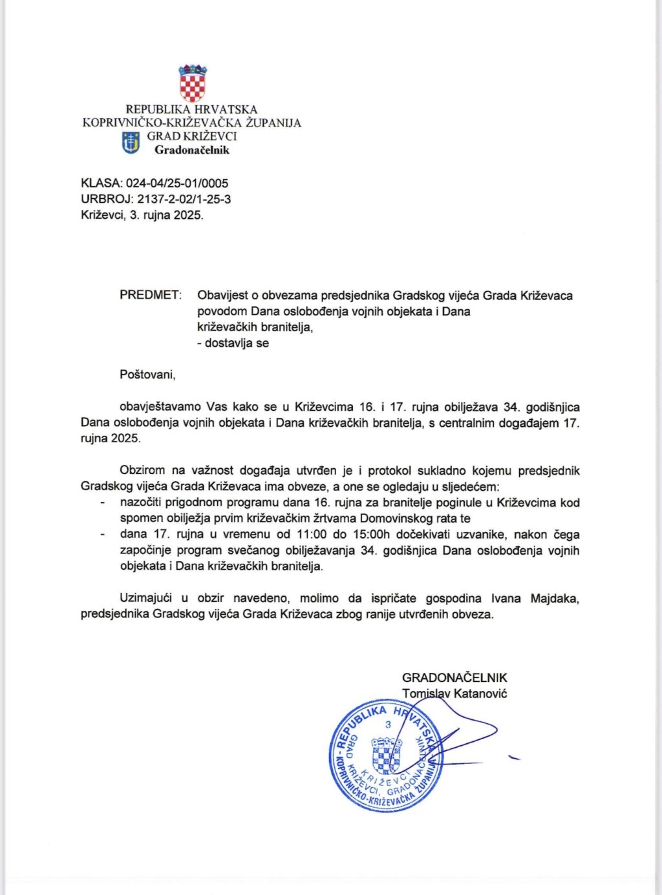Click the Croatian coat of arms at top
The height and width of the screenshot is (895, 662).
click(x=192, y=83)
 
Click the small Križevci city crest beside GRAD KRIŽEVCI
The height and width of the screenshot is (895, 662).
click(x=131, y=143)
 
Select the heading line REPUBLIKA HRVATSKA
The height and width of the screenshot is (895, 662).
click(x=191, y=110)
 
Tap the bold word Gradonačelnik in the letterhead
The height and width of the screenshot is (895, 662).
click(x=191, y=150)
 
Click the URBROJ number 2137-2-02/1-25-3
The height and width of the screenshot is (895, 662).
click(x=184, y=199)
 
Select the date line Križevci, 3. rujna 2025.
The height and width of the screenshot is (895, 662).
click(x=142, y=215)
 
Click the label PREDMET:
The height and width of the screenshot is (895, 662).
click(x=151, y=295)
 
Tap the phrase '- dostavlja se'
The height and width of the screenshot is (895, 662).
click(x=233, y=343)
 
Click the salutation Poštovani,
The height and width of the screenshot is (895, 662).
click(x=147, y=374)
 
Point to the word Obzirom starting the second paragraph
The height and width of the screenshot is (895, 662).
click(x=142, y=470)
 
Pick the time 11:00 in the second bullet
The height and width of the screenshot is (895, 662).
click(x=311, y=534)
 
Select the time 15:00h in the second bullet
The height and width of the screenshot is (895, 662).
click(x=367, y=534)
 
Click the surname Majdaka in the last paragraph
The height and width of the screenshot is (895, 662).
click(x=555, y=598)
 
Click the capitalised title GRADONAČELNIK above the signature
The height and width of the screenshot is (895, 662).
click(x=454, y=677)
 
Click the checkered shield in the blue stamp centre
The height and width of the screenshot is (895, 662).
click(x=386, y=756)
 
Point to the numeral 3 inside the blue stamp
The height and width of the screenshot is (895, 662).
click(x=388, y=725)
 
